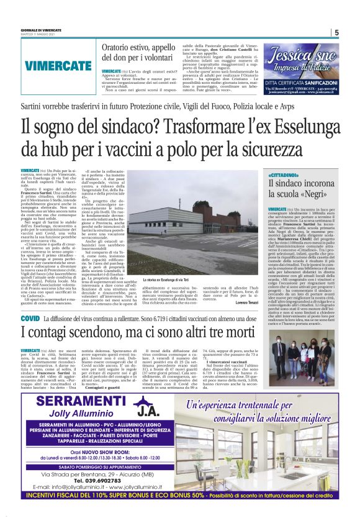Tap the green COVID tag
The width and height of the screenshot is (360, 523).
(30, 319)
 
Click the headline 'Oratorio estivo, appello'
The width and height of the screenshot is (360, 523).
(135, 47)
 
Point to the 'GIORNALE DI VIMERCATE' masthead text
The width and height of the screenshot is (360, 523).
(42, 29)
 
